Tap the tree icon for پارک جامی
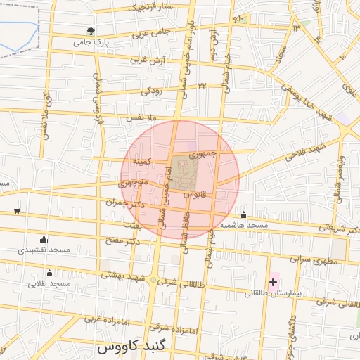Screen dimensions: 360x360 coord(90,31)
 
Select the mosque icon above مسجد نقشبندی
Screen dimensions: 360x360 coord(44,239)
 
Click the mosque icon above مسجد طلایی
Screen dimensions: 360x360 coord(49,274)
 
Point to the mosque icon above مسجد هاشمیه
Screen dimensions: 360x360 coord(243,215)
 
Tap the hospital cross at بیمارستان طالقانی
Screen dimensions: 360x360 coord(273,282)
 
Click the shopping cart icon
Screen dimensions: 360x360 coord(16,211)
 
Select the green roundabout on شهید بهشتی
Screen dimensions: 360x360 coord(153,280)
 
